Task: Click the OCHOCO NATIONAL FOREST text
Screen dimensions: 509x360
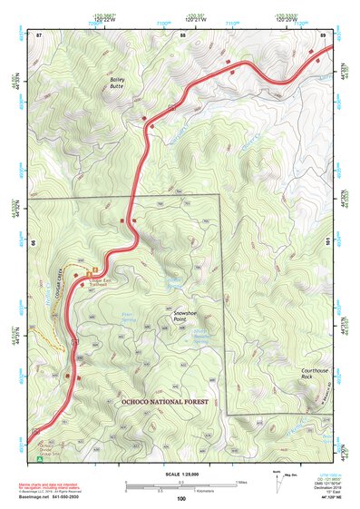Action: tap(164, 401)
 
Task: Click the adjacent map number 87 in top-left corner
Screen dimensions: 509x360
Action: tap(39, 34)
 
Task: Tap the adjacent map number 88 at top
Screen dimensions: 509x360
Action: tap(182, 34)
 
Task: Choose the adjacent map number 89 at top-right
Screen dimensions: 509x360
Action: tap(323, 34)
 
